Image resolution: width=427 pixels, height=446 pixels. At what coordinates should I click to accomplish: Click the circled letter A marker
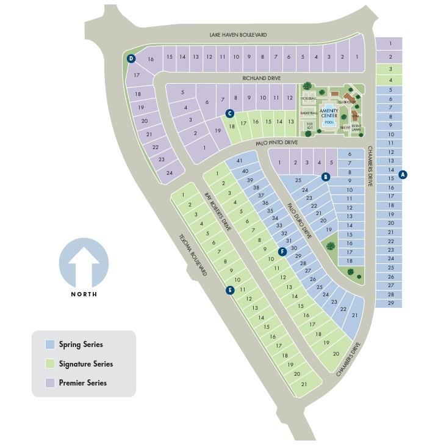point(403,174)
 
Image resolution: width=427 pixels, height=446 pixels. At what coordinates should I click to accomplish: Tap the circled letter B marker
point(326,177)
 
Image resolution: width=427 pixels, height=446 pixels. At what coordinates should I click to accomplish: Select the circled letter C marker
point(229,113)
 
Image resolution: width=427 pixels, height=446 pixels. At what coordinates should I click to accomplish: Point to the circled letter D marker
point(131,59)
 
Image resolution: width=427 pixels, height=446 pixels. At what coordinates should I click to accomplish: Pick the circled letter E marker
point(230,290)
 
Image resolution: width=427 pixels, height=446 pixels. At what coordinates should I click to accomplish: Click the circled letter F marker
point(282,252)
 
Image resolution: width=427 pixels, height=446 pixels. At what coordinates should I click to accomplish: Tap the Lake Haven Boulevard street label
point(238,35)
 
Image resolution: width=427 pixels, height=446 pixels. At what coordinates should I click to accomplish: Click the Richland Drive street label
point(260,78)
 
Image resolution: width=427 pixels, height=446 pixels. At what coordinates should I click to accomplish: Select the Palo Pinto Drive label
point(278,142)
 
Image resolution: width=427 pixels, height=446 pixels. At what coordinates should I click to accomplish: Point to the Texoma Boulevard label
point(193,255)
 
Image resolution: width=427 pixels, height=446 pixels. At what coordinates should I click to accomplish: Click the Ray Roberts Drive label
point(218,211)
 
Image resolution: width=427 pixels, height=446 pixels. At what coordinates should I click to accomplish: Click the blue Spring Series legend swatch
point(50,345)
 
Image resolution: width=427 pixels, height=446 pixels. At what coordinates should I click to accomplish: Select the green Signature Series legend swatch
point(50,364)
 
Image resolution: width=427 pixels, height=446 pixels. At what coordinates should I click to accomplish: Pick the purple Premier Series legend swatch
point(50,383)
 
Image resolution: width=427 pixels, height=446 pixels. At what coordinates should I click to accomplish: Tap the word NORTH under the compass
point(84,294)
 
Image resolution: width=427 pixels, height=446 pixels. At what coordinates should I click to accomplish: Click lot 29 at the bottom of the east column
point(390,303)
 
